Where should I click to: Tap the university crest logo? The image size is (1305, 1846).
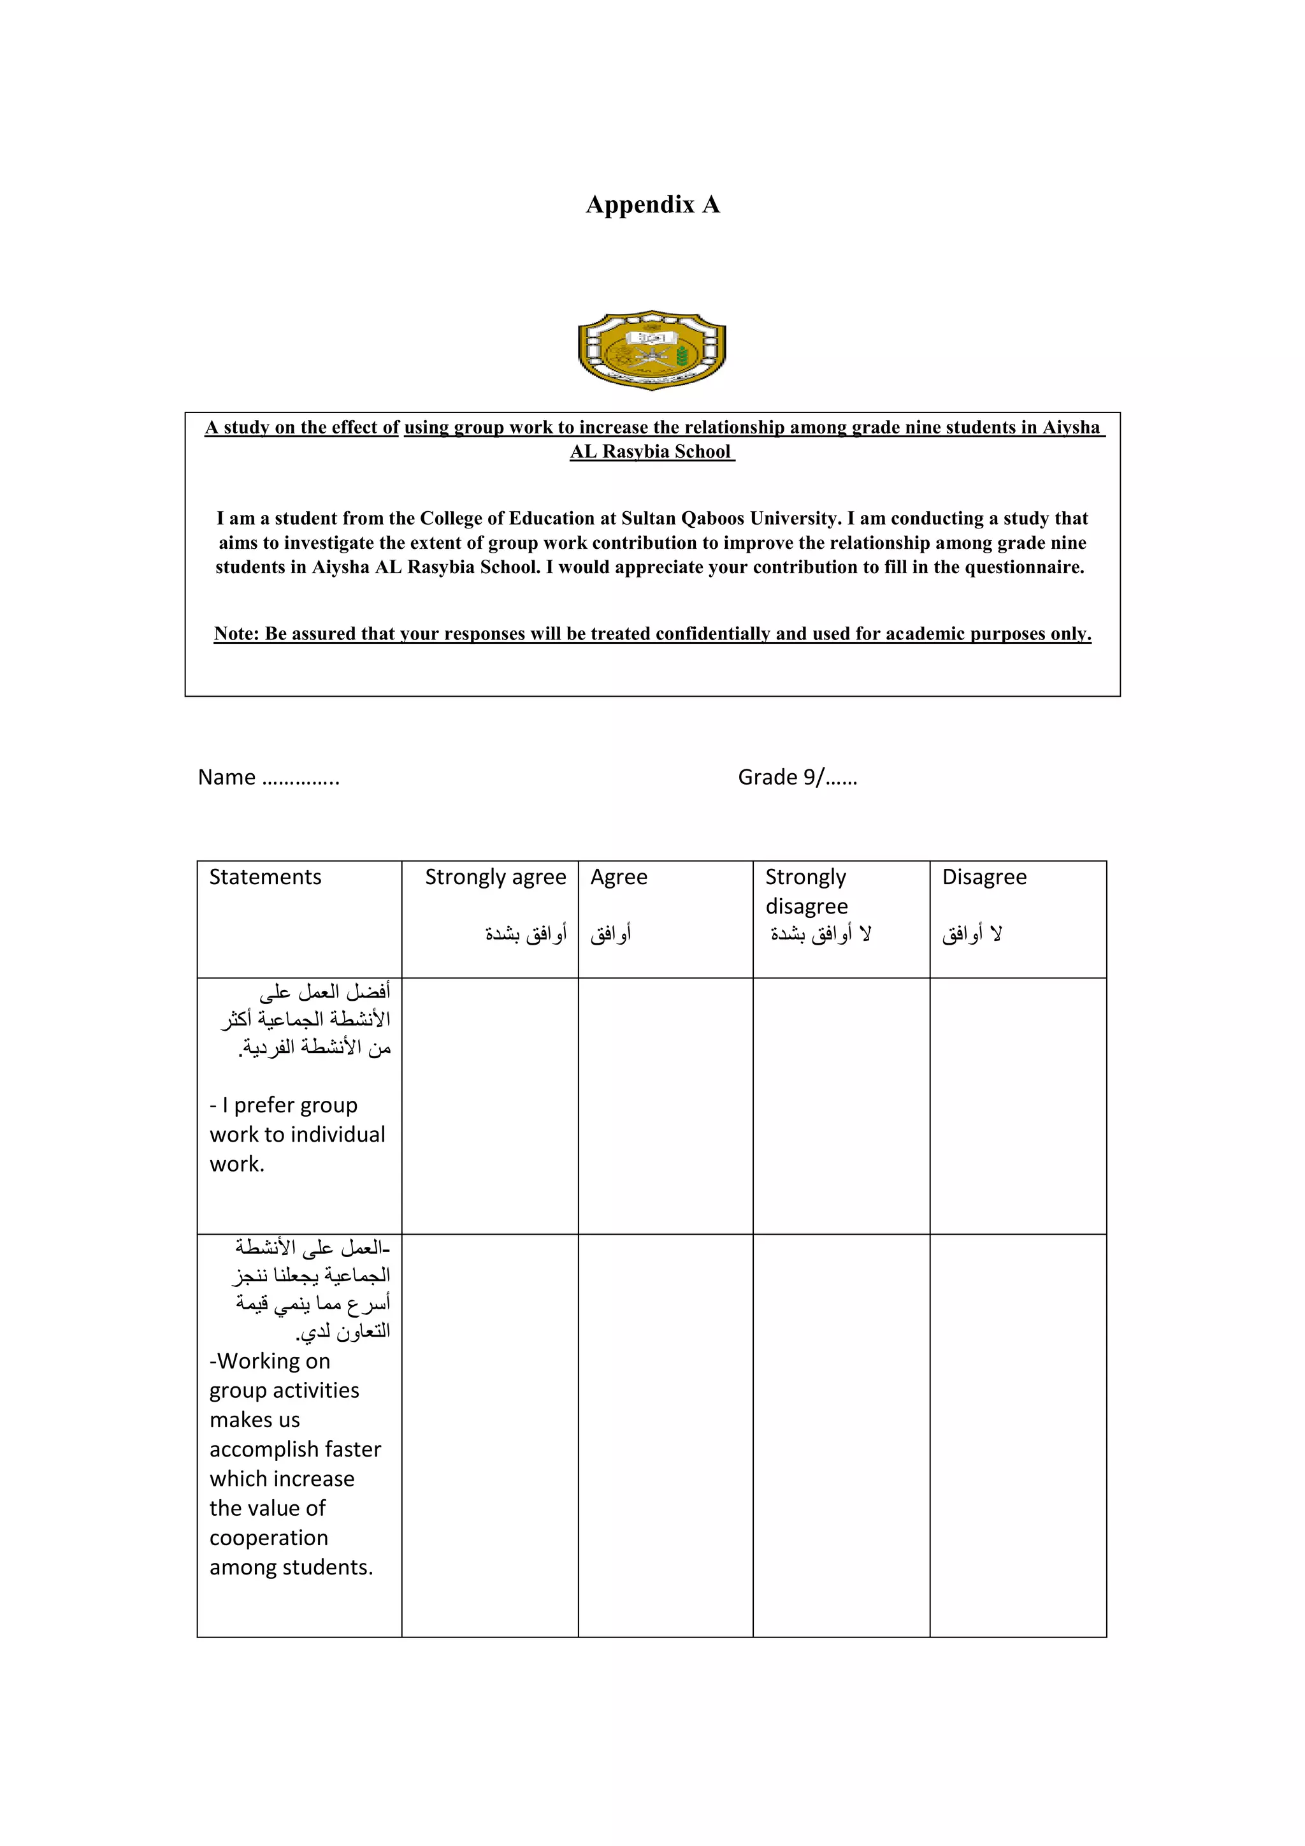pyautogui.click(x=652, y=351)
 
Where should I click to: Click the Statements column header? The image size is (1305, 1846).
pyautogui.click(x=265, y=877)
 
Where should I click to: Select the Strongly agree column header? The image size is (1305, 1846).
pyautogui.click(x=495, y=877)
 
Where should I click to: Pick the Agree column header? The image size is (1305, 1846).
pyautogui.click(x=619, y=877)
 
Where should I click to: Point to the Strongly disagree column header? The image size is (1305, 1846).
pyautogui.click(x=806, y=891)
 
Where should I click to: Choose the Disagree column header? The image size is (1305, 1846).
pyautogui.click(x=984, y=877)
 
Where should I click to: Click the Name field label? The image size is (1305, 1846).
pyautogui.click(x=227, y=778)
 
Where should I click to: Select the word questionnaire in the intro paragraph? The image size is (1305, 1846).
pyautogui.click(x=1024, y=567)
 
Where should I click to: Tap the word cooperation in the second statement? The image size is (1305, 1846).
pyautogui.click(x=269, y=1538)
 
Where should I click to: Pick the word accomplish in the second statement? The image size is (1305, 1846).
pyautogui.click(x=261, y=1450)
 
